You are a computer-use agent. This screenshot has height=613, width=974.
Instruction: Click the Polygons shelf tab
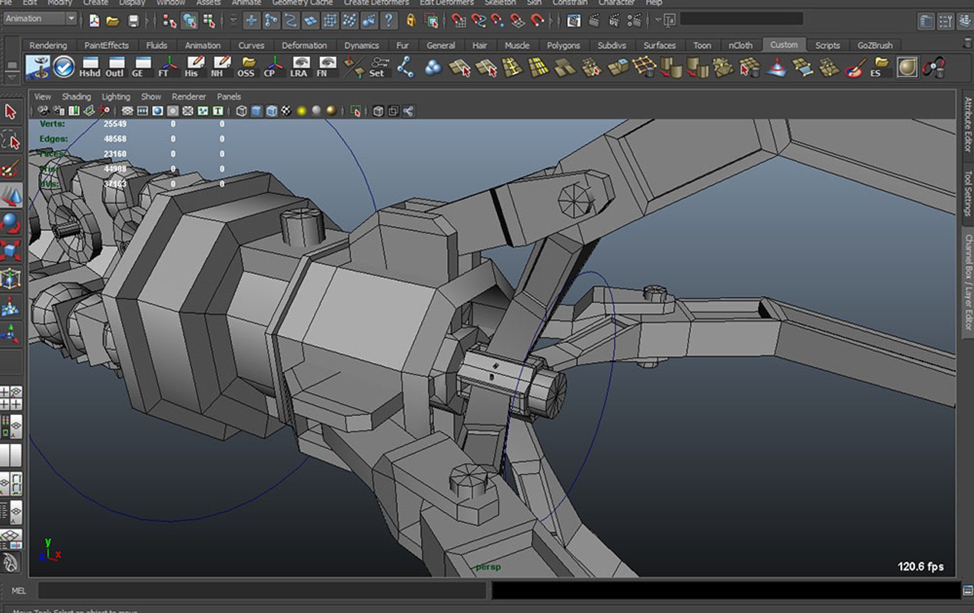click(x=563, y=45)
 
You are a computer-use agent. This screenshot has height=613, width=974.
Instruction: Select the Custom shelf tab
click(x=784, y=45)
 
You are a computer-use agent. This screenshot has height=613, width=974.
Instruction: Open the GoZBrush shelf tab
click(x=875, y=45)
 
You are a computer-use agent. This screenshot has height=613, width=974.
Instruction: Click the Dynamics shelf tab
click(x=361, y=45)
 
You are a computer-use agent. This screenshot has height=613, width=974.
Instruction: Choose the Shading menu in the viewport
click(x=76, y=96)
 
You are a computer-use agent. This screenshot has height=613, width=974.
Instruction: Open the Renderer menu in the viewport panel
click(x=189, y=96)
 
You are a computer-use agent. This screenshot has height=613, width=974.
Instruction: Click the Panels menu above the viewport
click(x=229, y=96)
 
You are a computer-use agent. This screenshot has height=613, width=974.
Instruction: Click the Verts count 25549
click(x=115, y=124)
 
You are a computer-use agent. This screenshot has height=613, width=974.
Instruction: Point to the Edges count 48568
click(x=115, y=139)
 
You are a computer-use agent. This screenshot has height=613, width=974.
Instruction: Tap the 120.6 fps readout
click(x=920, y=566)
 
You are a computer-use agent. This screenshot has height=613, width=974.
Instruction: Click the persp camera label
click(x=488, y=567)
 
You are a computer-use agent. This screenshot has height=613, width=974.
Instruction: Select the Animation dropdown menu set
click(x=40, y=19)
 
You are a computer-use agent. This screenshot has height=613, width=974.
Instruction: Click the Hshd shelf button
click(x=90, y=67)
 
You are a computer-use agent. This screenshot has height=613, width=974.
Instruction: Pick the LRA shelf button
click(x=299, y=67)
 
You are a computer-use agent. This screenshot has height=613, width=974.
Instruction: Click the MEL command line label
click(x=19, y=591)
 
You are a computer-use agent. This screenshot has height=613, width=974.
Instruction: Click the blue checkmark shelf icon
click(x=64, y=67)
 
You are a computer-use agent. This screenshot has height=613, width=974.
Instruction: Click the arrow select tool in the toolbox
click(x=10, y=111)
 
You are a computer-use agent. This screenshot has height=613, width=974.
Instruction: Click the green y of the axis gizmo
click(x=48, y=543)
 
